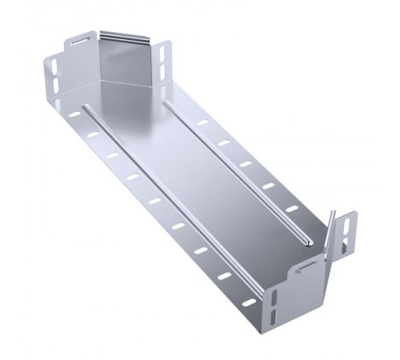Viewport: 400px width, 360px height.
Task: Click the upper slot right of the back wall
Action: pyautogui.click(x=163, y=54)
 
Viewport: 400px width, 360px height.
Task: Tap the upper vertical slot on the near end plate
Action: pyautogui.click(x=274, y=301)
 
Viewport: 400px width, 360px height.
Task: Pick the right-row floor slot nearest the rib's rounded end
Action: pyautogui.click(x=291, y=210)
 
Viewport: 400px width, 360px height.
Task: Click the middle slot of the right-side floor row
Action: pyautogui.click(x=246, y=165)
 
